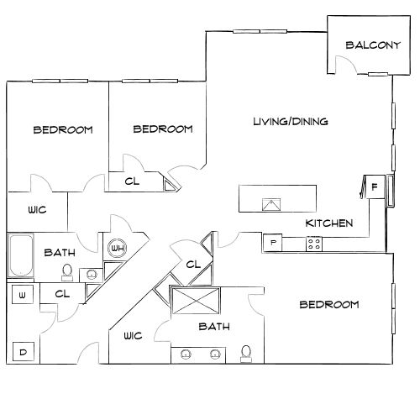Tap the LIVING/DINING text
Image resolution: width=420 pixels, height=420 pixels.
tap(290, 122)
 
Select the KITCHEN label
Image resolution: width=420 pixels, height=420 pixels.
tap(328, 223)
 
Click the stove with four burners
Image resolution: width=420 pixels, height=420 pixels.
tap(315, 244)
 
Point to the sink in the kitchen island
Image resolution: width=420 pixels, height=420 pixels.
tap(271, 204)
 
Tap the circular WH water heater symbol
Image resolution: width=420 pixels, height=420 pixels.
tap(117, 249)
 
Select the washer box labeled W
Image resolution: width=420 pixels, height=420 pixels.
tap(22, 294)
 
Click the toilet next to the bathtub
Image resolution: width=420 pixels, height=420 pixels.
tap(71, 273)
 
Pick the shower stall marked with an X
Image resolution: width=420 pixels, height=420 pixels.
tap(193, 300)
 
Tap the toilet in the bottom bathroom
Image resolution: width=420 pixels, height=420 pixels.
tap(246, 353)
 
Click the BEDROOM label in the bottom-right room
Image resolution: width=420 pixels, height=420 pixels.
tap(330, 304)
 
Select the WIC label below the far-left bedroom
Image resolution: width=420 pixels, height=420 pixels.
tap(37, 211)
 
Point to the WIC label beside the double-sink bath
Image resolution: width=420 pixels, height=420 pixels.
tap(133, 335)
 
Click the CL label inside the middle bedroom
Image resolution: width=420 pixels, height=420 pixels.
tap(132, 181)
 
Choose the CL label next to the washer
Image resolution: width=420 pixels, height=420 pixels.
tap(60, 294)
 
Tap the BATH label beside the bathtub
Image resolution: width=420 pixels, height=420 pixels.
tap(60, 252)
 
